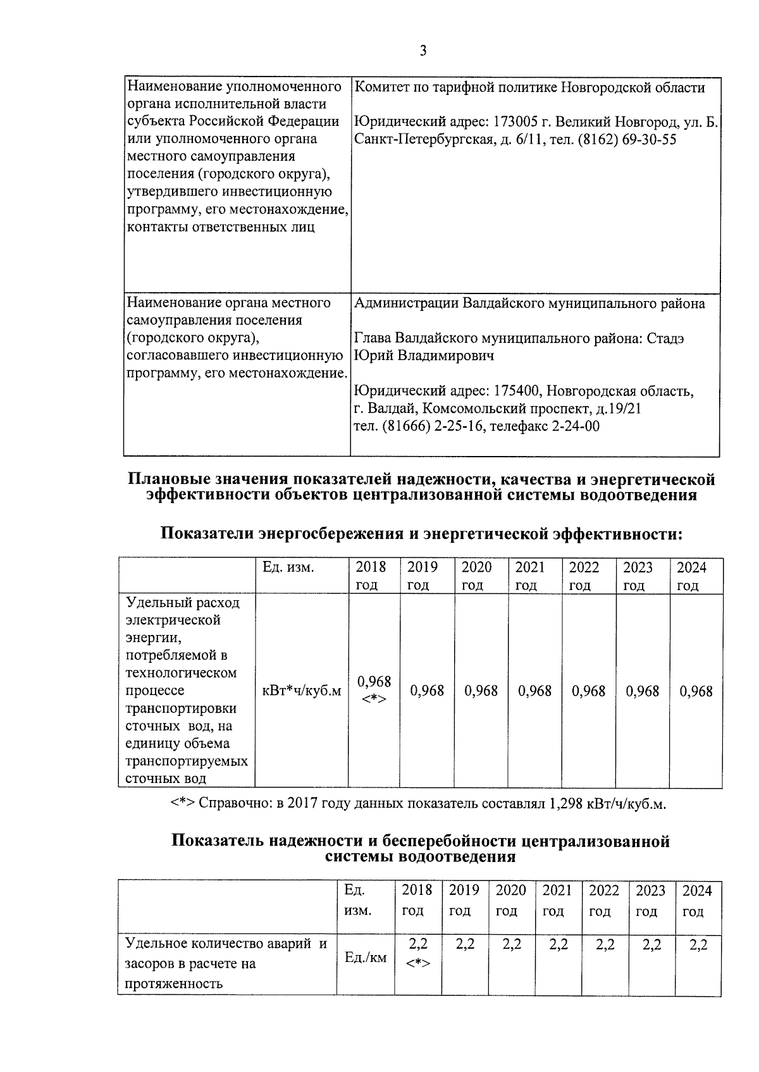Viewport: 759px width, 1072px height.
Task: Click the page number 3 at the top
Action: coord(423,51)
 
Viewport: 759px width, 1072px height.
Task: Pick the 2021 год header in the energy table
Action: coord(530,576)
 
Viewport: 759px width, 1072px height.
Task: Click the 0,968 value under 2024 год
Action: coord(696,691)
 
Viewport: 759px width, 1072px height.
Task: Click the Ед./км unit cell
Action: coord(365,958)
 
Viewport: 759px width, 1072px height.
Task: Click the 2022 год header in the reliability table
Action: coord(603,901)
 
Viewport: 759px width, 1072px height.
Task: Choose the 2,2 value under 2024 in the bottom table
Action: coord(698,945)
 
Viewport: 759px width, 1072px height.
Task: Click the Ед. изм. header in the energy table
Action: coord(288,567)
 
